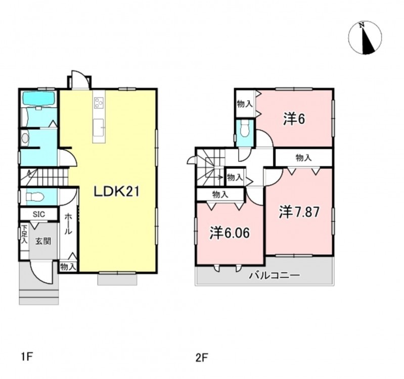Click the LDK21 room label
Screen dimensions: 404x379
(116, 192)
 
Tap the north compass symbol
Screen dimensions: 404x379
(365, 38)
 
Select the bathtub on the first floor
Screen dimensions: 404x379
(38, 98)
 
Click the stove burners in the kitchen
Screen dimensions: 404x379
(99, 103)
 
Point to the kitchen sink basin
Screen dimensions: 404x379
(99, 127)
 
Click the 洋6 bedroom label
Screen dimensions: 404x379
(294, 119)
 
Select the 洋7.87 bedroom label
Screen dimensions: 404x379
(299, 212)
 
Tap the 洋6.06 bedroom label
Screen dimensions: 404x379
(230, 233)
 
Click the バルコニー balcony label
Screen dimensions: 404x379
(275, 275)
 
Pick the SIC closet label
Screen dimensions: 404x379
(39, 214)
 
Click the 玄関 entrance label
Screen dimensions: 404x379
(43, 241)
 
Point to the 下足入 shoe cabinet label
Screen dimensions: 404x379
(24, 234)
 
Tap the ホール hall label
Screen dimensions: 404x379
(68, 224)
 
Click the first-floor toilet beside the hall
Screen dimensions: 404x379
(35, 197)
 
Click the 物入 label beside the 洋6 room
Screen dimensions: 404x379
(245, 104)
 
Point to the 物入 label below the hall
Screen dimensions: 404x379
(68, 267)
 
